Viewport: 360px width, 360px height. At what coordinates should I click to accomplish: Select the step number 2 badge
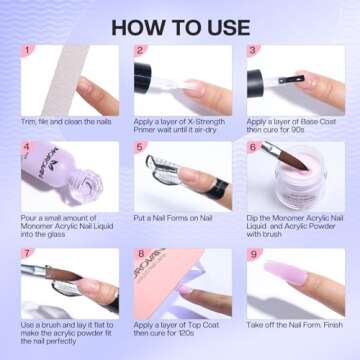coord(141,50)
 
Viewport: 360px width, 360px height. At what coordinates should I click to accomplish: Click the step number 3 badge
coord(254,50)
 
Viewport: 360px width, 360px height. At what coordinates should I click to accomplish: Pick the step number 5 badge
coord(141,148)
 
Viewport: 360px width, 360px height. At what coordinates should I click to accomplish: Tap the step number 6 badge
coord(254,148)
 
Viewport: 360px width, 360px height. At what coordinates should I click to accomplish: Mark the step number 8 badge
coord(141,255)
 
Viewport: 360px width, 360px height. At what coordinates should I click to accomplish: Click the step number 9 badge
coord(254,255)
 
